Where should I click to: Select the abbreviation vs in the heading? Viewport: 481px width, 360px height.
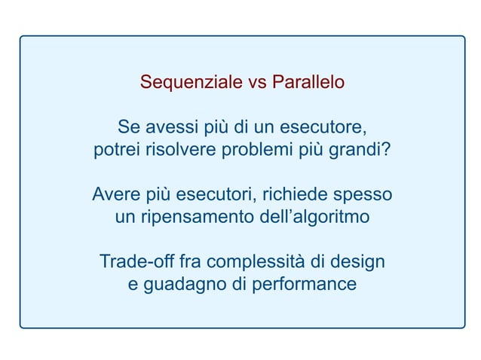(256, 82)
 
